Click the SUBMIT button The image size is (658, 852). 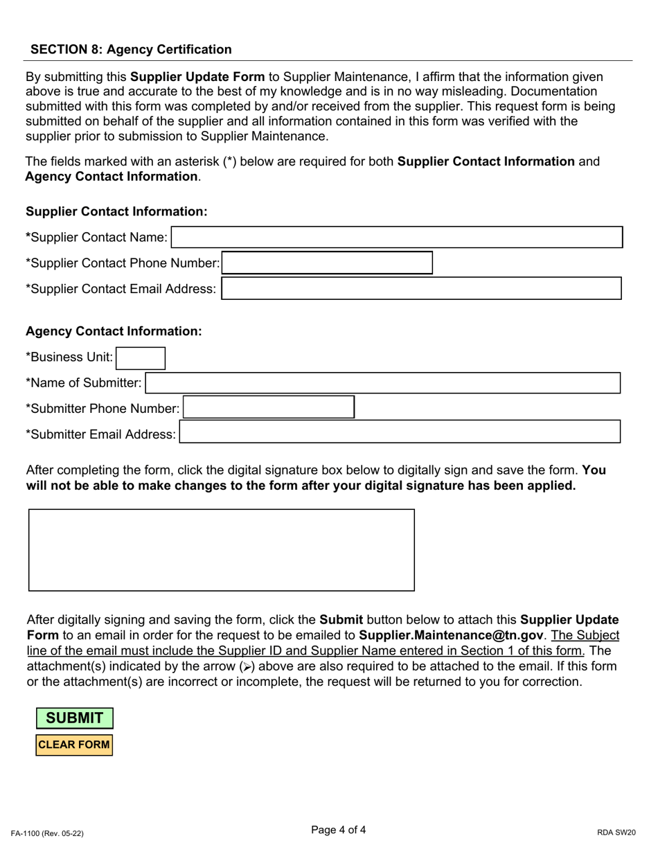(x=75, y=718)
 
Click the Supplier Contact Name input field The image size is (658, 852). (x=397, y=238)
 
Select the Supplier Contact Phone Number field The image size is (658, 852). (x=327, y=263)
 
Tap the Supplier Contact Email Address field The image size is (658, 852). (x=421, y=289)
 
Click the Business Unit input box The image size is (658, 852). (x=141, y=358)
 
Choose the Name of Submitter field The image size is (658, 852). (x=382, y=383)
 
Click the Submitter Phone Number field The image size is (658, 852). (x=269, y=408)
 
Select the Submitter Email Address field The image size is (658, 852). (x=400, y=432)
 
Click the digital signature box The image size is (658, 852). (x=221, y=550)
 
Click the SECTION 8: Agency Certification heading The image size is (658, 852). (x=131, y=49)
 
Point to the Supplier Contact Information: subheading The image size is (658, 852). (x=116, y=212)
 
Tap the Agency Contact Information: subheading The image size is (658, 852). (x=114, y=331)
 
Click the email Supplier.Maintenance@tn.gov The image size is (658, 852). (x=451, y=635)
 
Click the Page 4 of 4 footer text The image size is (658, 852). (x=339, y=830)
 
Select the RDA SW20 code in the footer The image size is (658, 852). (x=616, y=833)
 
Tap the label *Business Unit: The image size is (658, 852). (x=69, y=357)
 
